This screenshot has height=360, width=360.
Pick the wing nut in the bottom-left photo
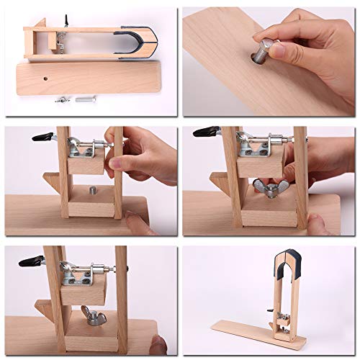(94, 314)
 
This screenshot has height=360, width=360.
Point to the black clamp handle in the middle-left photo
(42, 137)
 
